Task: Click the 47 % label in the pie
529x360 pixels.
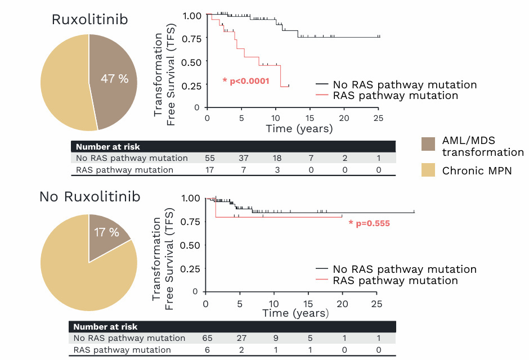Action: (x=115, y=79)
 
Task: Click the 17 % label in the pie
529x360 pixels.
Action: (x=106, y=232)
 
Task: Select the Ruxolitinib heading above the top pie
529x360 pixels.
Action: (x=90, y=20)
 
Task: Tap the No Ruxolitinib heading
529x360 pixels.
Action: (x=89, y=197)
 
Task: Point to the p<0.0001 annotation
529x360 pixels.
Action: (x=246, y=81)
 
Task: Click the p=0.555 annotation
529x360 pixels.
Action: (x=369, y=223)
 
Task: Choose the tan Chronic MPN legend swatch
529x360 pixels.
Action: (x=428, y=170)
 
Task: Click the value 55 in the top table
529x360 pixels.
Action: (x=209, y=159)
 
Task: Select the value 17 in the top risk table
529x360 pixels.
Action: (x=209, y=170)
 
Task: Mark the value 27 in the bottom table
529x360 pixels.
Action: (x=241, y=339)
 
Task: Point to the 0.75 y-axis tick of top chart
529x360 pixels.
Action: (x=191, y=38)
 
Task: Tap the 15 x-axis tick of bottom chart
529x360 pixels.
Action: (x=308, y=303)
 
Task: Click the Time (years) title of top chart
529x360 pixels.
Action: (x=299, y=129)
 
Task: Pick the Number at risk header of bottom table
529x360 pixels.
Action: (x=105, y=327)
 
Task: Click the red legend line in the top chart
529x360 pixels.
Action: (x=322, y=96)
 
